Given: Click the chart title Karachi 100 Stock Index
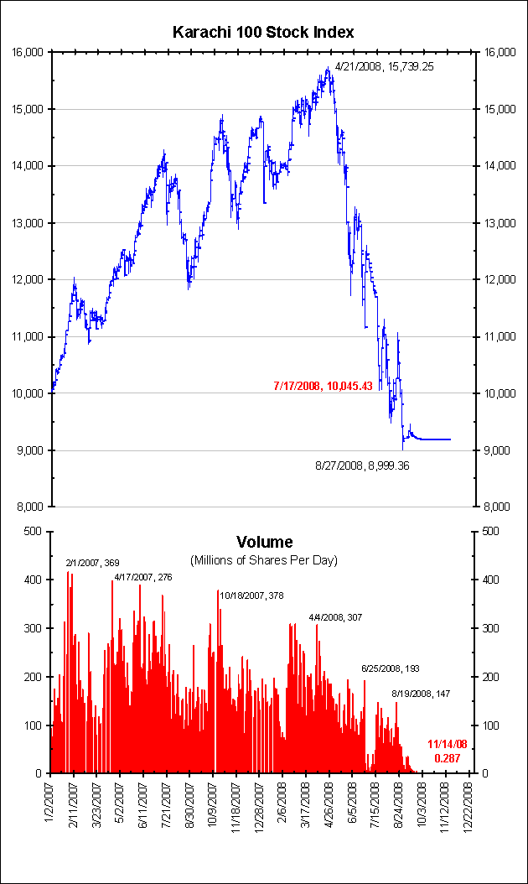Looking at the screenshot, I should pyautogui.click(x=263, y=32).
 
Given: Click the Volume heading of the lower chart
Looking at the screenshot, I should pyautogui.click(x=264, y=542).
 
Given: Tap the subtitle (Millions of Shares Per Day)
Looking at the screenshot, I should pyautogui.click(x=264, y=559).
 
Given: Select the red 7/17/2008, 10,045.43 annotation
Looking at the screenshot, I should pyautogui.click(x=323, y=386).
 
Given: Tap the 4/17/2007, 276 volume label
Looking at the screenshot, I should pyautogui.click(x=143, y=577).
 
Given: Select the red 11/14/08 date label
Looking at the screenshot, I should pyautogui.click(x=448, y=744).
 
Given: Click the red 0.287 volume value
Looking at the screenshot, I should pyautogui.click(x=448, y=758).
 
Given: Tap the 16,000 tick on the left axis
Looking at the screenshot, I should pyautogui.click(x=28, y=52).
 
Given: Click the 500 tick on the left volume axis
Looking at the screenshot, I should pyautogui.click(x=34, y=532).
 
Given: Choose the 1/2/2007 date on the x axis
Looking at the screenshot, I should pyautogui.click(x=51, y=805).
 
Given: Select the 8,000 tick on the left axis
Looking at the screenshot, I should pyautogui.click(x=31, y=507).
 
